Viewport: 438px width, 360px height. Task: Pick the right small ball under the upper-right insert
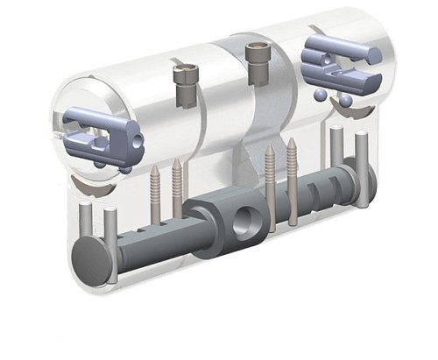point(343,101)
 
